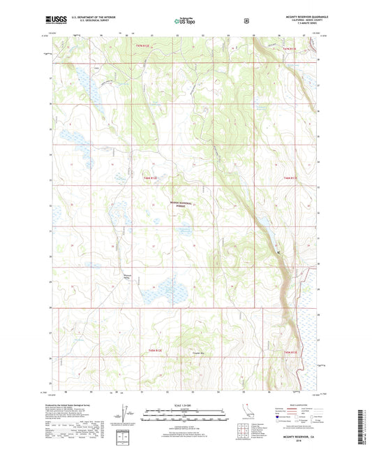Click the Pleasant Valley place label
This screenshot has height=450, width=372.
[127, 275]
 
